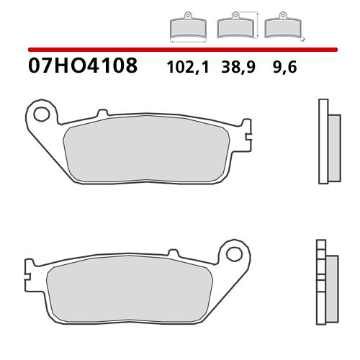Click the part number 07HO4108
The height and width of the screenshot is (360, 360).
(x=82, y=68)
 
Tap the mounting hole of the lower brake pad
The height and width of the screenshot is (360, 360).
(x=234, y=253)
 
